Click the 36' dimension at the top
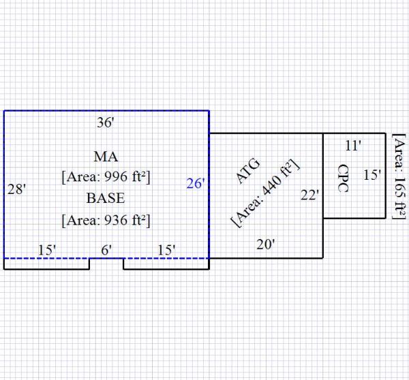click(x=106, y=123)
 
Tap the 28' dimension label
click(x=16, y=190)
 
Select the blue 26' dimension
click(x=195, y=183)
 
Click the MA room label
click(x=106, y=157)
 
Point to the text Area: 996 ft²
click(x=106, y=177)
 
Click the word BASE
click(x=106, y=199)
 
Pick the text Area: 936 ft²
click(x=106, y=220)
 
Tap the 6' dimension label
click(x=106, y=250)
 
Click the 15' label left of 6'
click(x=46, y=250)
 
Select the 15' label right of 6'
click(x=166, y=250)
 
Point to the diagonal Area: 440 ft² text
click(x=266, y=194)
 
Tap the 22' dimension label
click(x=310, y=195)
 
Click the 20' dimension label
click(x=266, y=244)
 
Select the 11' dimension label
click(x=352, y=145)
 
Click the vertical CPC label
click(x=343, y=178)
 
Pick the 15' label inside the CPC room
click(x=372, y=175)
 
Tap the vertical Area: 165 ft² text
click(x=400, y=176)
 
